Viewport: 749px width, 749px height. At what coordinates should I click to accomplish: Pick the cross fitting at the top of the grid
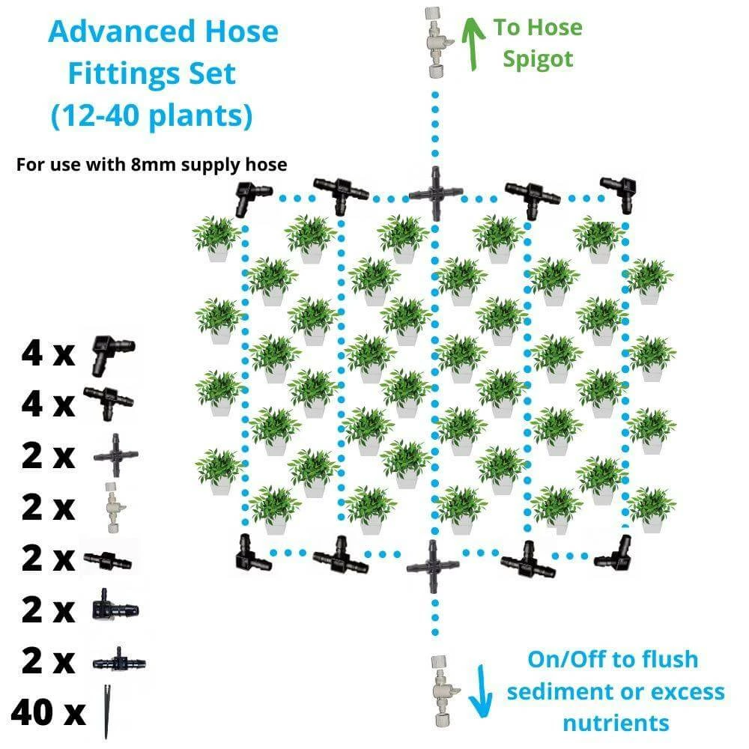click(434, 193)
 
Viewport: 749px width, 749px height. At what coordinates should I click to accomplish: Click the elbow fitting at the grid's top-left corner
click(247, 198)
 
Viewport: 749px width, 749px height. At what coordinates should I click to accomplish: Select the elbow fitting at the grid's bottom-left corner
click(250, 554)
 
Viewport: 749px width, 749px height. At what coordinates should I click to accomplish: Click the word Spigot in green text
click(537, 59)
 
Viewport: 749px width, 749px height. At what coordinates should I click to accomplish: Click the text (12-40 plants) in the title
click(151, 115)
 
